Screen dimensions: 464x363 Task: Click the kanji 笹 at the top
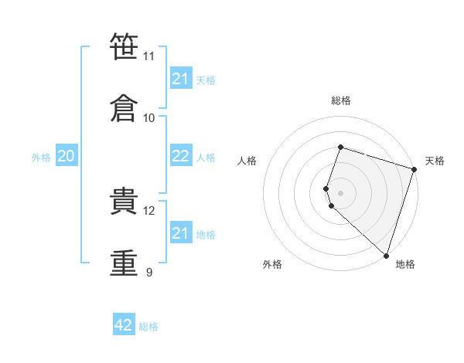[124, 46]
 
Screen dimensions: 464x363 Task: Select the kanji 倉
[124, 108]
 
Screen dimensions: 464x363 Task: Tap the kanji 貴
[124, 201]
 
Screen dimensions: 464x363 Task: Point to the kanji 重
[124, 263]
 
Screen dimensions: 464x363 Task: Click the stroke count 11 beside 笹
[148, 56]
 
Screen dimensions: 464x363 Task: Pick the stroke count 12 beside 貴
[148, 211]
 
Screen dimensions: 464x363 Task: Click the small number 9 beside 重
[149, 272]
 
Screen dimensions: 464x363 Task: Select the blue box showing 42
[124, 324]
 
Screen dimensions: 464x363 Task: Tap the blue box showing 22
[181, 155]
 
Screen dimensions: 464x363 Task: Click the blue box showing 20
[67, 155]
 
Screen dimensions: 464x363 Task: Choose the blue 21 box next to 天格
[181, 77]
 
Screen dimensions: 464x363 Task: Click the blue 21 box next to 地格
[181, 232]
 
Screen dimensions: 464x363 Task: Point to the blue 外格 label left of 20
[41, 158]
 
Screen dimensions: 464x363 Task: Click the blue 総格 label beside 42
[148, 327]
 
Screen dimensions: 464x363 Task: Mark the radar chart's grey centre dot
[340, 194]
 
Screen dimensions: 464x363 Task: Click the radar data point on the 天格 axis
[415, 169]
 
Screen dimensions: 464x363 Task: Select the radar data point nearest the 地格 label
[386, 256]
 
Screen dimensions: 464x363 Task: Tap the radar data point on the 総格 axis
[340, 147]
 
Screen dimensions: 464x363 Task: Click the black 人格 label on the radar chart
[247, 161]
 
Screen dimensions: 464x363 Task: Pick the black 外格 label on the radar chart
[272, 264]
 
